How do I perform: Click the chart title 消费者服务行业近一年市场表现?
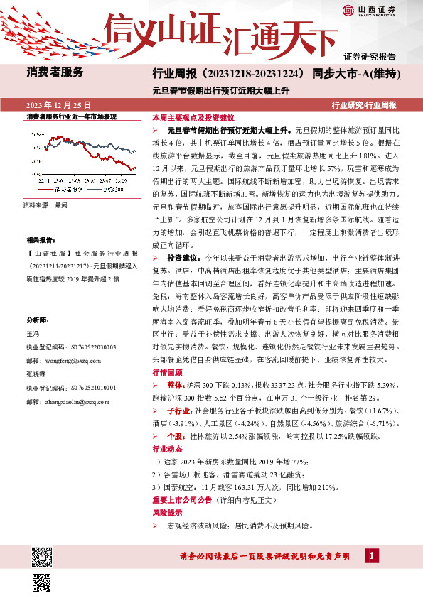point(71,116)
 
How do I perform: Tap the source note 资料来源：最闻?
point(45,205)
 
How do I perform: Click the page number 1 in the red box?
point(371,554)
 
